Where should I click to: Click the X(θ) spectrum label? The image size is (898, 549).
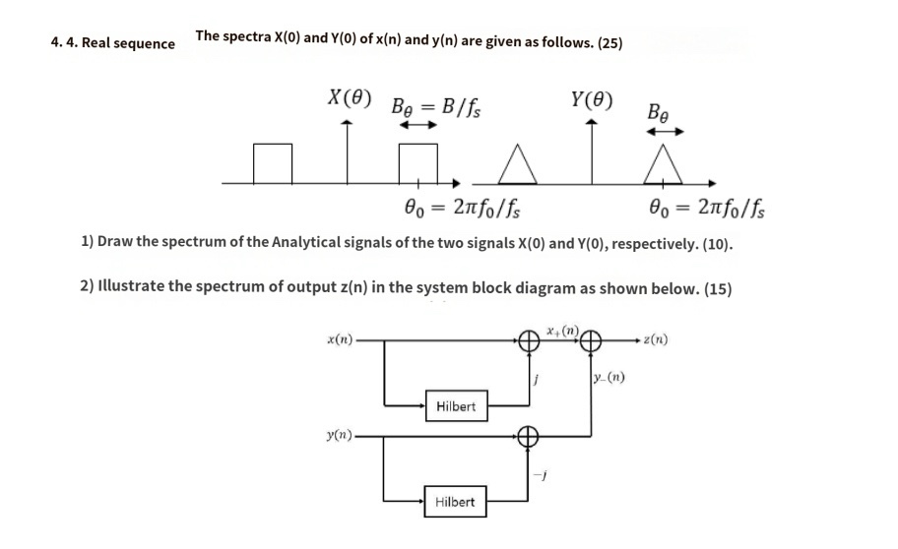350,98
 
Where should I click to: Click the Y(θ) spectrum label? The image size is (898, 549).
591,99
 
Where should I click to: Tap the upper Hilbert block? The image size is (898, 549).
455,406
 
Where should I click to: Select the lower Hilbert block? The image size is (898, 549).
455,502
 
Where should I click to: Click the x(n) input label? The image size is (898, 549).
340,340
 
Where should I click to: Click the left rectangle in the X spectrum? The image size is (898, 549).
273,163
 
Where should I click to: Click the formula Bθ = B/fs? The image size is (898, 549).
436,104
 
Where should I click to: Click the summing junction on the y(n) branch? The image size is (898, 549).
529,435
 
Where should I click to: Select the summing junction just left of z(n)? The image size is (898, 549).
591,341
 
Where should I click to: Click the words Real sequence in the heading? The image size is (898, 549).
128,43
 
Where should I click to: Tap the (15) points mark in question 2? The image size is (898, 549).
717,288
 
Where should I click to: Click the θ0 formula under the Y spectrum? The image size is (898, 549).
710,210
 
